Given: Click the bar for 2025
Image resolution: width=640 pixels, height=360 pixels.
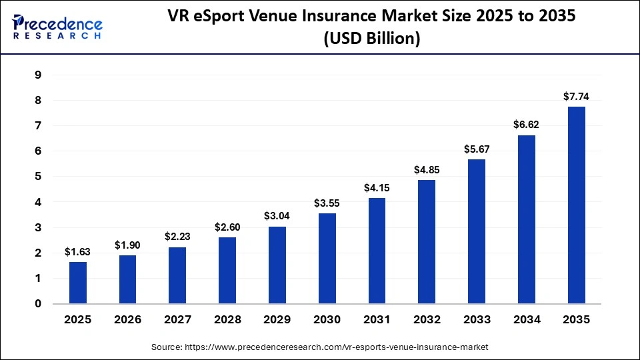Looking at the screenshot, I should pos(77,283).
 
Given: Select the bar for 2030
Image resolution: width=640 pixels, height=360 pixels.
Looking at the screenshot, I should pos(327,259).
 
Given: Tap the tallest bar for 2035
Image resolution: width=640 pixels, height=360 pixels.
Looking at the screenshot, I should pos(576,205).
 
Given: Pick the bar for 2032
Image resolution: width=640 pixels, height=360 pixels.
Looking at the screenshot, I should pos(426,242).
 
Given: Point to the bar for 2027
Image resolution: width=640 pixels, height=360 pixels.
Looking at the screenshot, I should pos(177,275).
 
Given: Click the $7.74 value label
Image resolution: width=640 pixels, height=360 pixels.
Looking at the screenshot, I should pos(576,97).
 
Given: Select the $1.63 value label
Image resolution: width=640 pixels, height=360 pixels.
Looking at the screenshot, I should pos(77,252).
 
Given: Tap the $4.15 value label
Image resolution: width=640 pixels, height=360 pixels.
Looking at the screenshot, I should pos(376,188).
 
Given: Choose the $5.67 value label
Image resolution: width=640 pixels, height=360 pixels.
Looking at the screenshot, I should pos(476,149).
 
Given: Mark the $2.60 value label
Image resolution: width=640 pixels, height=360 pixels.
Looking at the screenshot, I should pos(227,227).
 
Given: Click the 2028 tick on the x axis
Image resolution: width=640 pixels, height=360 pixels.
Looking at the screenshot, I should pos(227,319).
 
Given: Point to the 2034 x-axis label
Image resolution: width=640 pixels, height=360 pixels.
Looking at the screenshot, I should pos(526,319).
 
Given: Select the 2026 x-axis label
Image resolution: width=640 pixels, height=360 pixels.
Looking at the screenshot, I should pos(127,319).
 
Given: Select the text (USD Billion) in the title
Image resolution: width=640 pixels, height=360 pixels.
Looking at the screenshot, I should pos(371,40).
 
